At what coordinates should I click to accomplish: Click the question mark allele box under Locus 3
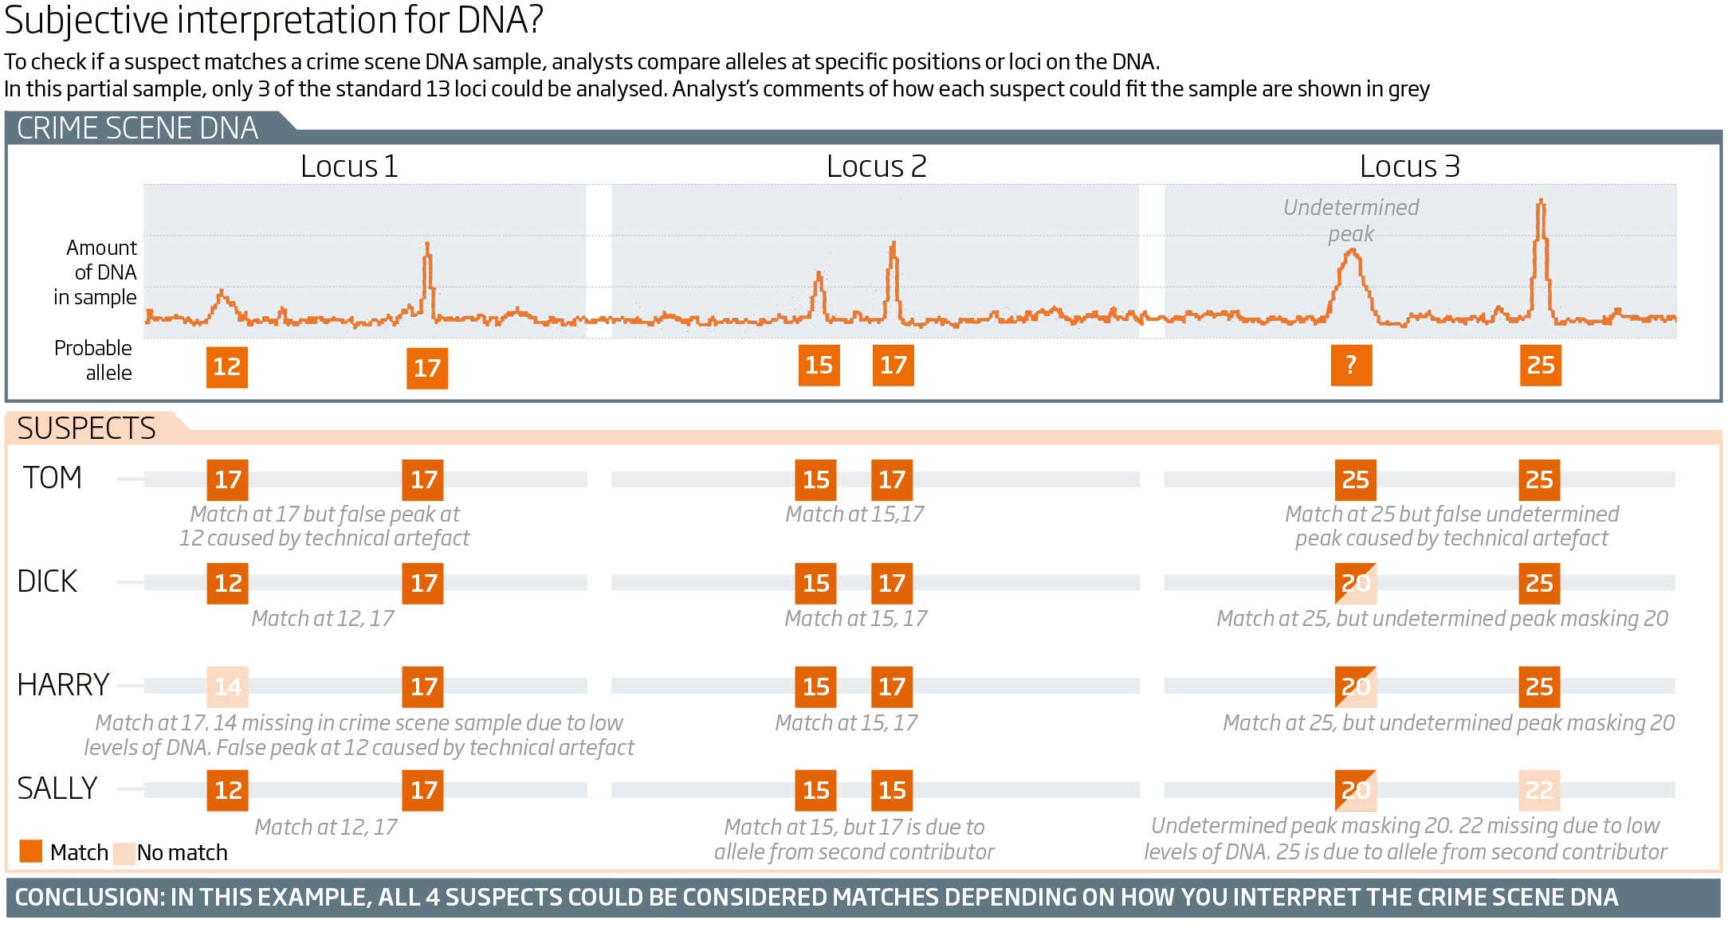tap(1351, 366)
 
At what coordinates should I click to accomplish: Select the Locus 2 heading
tap(876, 166)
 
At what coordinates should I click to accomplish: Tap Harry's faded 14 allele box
tap(227, 687)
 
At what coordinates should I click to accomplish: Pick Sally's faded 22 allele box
tap(1539, 790)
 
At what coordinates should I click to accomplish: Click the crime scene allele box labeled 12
tap(227, 367)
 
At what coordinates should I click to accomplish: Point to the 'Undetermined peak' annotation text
tap(1351, 221)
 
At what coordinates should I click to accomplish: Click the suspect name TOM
tap(53, 478)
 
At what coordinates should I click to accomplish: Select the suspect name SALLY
tap(57, 789)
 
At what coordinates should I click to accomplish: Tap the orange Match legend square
tap(31, 851)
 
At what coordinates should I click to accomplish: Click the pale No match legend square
tap(124, 853)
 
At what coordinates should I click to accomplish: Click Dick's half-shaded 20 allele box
tap(1355, 583)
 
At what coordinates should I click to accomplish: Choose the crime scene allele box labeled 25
tap(1540, 366)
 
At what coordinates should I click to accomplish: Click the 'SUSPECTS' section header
tap(86, 428)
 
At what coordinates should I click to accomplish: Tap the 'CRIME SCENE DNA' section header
tap(137, 128)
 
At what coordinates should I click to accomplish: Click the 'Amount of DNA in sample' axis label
tap(96, 272)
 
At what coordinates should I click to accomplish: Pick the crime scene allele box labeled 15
tap(819, 366)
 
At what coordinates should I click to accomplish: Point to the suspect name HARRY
tap(63, 685)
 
